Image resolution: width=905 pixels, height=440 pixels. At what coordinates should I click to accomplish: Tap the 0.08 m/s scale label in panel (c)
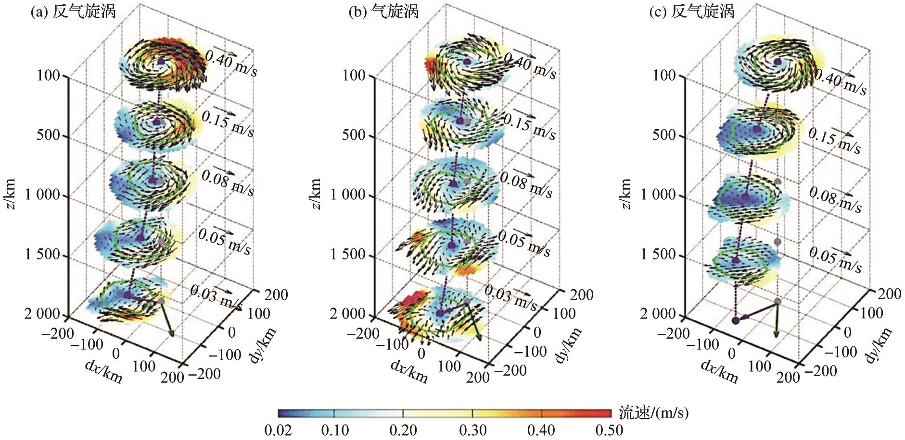pyautogui.click(x=835, y=199)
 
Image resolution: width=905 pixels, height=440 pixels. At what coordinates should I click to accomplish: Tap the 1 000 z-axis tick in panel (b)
pyautogui.click(x=349, y=195)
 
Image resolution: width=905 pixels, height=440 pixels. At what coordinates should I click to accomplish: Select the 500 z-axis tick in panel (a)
pyautogui.click(x=50, y=135)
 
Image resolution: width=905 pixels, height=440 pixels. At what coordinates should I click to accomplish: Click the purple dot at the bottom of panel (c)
pyautogui.click(x=735, y=320)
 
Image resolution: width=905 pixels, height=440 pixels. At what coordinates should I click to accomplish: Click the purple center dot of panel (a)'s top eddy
pyautogui.click(x=161, y=61)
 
